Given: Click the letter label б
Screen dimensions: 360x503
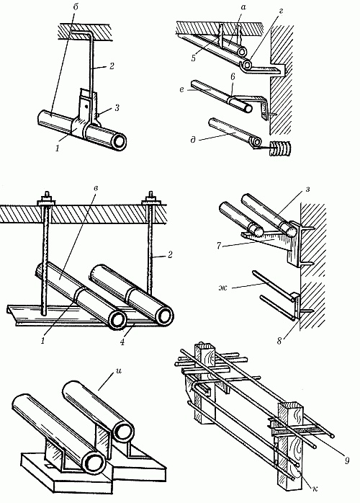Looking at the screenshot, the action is [76, 8].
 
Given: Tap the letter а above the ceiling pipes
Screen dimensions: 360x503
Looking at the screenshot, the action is [243, 7].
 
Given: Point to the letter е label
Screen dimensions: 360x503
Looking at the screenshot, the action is [182, 90].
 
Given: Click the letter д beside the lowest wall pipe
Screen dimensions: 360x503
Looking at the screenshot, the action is [193, 140].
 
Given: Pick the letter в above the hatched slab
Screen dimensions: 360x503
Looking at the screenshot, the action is [96, 187].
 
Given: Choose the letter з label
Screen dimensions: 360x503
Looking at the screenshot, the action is [307, 189].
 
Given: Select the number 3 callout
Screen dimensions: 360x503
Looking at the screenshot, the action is [117, 108].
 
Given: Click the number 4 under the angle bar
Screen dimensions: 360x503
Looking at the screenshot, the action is [122, 341].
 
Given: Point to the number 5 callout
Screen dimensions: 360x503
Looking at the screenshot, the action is [193, 58].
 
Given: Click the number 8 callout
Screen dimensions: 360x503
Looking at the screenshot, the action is [279, 341].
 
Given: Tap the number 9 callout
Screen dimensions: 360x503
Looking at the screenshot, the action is [347, 460].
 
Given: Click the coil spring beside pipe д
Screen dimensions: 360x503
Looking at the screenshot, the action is [279, 149].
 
